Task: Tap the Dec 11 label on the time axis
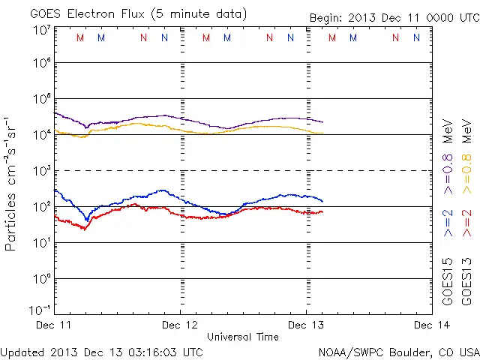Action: click(x=55, y=325)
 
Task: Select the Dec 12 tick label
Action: click(x=180, y=325)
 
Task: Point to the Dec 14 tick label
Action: click(x=432, y=325)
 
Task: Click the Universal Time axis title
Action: click(x=243, y=337)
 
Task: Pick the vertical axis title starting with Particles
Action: click(x=12, y=183)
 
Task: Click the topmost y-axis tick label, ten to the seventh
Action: click(x=41, y=30)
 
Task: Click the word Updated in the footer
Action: click(x=22, y=351)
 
